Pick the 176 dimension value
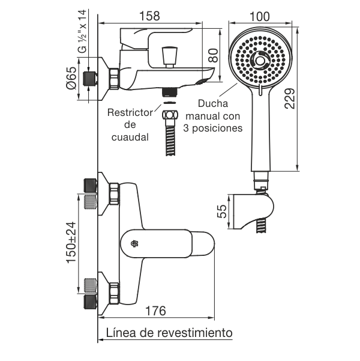tap(155, 311)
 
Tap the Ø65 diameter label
tap(71, 78)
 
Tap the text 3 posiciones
tap(214, 128)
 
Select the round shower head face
tap(259, 61)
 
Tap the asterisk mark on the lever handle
tap(134, 244)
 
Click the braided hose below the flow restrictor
tap(170, 139)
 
